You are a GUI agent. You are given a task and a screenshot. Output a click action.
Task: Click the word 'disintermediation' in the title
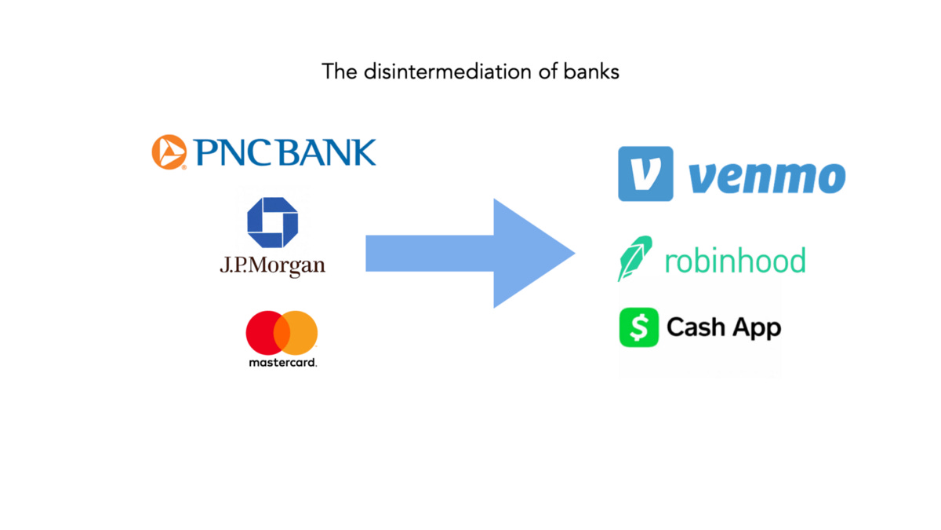[436, 71]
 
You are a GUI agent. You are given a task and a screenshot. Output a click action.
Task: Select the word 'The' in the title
[339, 71]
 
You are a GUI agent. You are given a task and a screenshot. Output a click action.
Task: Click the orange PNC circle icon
[169, 152]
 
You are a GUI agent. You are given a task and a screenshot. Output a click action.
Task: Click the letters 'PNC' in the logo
[234, 152]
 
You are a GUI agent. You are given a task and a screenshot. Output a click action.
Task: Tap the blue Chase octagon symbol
[272, 223]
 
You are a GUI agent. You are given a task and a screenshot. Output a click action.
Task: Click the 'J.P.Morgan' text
[272, 265]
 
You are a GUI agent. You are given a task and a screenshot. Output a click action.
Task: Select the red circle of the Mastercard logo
[263, 331]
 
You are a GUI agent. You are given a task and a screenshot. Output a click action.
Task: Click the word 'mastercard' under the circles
[282, 363]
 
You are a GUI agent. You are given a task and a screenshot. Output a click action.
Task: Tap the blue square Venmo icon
[645, 174]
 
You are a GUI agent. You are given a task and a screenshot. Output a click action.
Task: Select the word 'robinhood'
[735, 259]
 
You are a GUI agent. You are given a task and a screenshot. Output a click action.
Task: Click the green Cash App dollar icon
[639, 327]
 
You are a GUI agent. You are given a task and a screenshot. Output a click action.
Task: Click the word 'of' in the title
[546, 71]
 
